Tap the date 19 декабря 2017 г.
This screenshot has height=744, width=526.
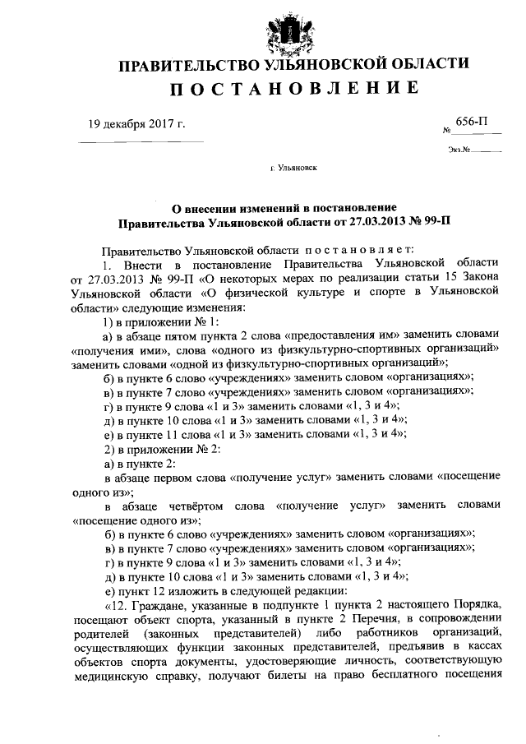pyautogui.click(x=137, y=125)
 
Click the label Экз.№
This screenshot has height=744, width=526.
pyautogui.click(x=459, y=150)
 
